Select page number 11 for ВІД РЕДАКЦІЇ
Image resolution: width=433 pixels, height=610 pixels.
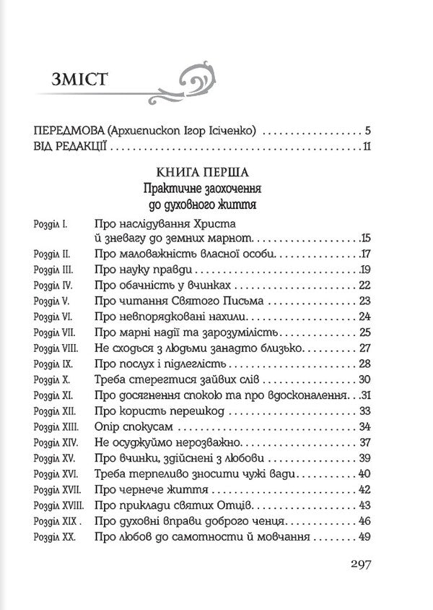coord(365,148)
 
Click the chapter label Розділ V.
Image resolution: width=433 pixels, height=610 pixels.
coord(50,301)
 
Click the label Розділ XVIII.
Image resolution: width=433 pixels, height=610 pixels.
coord(55,506)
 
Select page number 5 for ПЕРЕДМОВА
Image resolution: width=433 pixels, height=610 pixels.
coord(367,132)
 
